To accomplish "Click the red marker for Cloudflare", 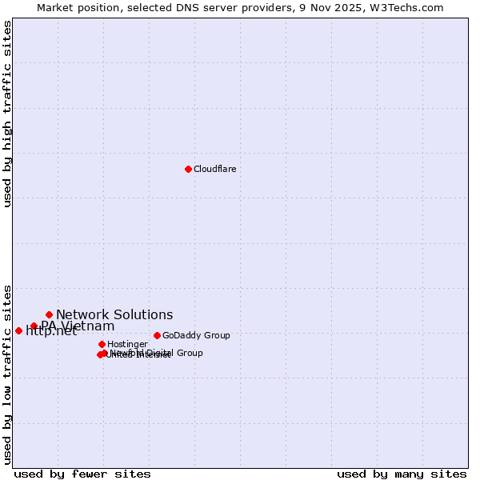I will [x=188, y=169].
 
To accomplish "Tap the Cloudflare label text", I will [x=214, y=169].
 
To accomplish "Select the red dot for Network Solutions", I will [x=49, y=314].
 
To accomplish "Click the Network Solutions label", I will [x=114, y=314].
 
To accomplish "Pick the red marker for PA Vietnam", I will [x=34, y=326].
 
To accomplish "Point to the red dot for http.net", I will [x=18, y=330].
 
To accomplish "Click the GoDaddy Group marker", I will [x=157, y=335].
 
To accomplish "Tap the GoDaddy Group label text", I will [x=196, y=335].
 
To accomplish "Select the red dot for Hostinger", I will [x=102, y=344].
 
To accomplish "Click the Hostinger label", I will [x=127, y=344].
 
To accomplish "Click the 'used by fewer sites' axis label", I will [x=82, y=474].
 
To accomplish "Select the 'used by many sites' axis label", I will [x=402, y=474].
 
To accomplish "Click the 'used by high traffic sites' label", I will [x=7, y=114].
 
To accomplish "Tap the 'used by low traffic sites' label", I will [x=7, y=374].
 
